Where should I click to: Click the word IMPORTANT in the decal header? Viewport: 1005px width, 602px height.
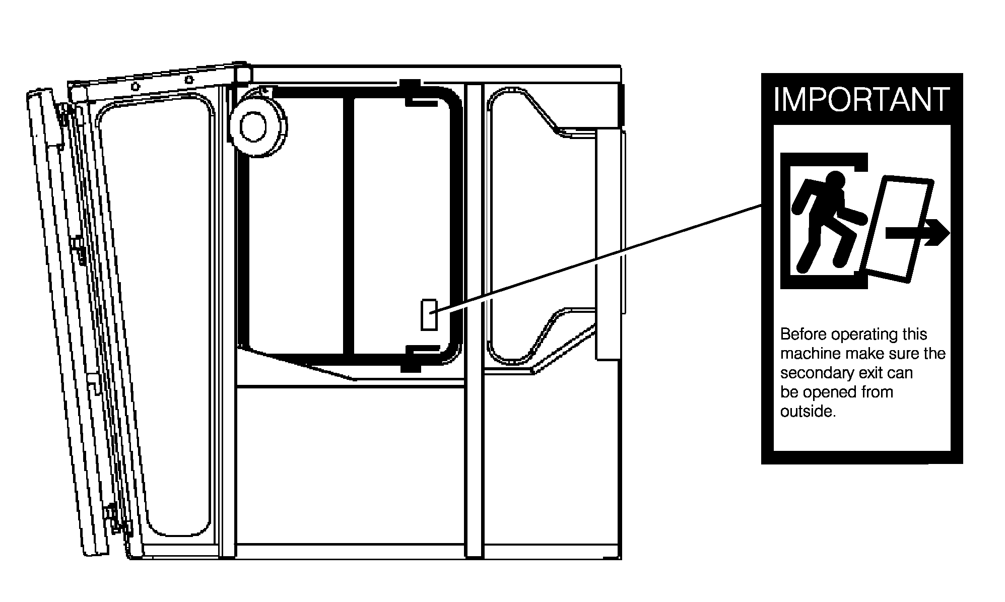861,100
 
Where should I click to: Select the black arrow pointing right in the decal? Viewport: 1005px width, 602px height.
917,233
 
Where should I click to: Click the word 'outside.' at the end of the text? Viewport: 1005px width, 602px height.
808,412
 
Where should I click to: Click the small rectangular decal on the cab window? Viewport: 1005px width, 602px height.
429,315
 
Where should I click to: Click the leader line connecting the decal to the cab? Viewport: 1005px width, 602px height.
599,259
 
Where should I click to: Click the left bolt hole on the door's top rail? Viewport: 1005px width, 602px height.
135,86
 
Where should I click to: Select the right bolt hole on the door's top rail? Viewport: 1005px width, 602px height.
189,80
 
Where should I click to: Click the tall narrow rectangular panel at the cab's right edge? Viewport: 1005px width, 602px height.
608,244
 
